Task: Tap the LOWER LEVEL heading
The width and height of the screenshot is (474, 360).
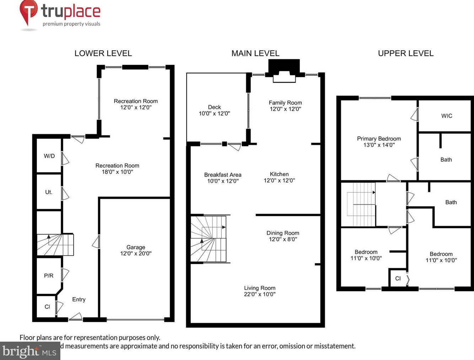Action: pyautogui.click(x=103, y=53)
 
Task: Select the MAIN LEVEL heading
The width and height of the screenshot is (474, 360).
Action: pyautogui.click(x=255, y=53)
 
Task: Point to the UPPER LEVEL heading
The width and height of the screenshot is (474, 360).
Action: pyautogui.click(x=405, y=53)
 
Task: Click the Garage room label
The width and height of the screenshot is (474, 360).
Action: pyautogui.click(x=136, y=247)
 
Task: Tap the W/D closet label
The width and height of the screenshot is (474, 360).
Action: pyautogui.click(x=49, y=156)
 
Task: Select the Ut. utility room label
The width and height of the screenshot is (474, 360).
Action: pyautogui.click(x=49, y=192)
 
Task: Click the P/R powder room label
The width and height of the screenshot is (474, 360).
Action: pyautogui.click(x=49, y=276)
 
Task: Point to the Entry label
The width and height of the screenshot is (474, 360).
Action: pyautogui.click(x=79, y=299)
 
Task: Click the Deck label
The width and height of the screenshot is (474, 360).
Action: pyautogui.click(x=214, y=107)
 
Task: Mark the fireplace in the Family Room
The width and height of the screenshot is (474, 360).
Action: pyautogui.click(x=284, y=71)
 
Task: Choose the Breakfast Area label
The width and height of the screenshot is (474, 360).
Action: pyautogui.click(x=223, y=175)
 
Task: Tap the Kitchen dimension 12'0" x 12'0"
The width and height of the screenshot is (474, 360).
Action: pyautogui.click(x=279, y=180)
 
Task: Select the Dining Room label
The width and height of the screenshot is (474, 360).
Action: pyautogui.click(x=283, y=233)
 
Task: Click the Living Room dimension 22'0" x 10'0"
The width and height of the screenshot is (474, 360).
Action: pyautogui.click(x=260, y=294)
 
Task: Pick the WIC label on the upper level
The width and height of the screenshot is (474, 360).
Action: pyautogui.click(x=447, y=116)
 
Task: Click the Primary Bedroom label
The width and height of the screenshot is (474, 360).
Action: pyautogui.click(x=379, y=138)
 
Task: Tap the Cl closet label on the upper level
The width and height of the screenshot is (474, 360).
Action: pyautogui.click(x=398, y=278)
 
